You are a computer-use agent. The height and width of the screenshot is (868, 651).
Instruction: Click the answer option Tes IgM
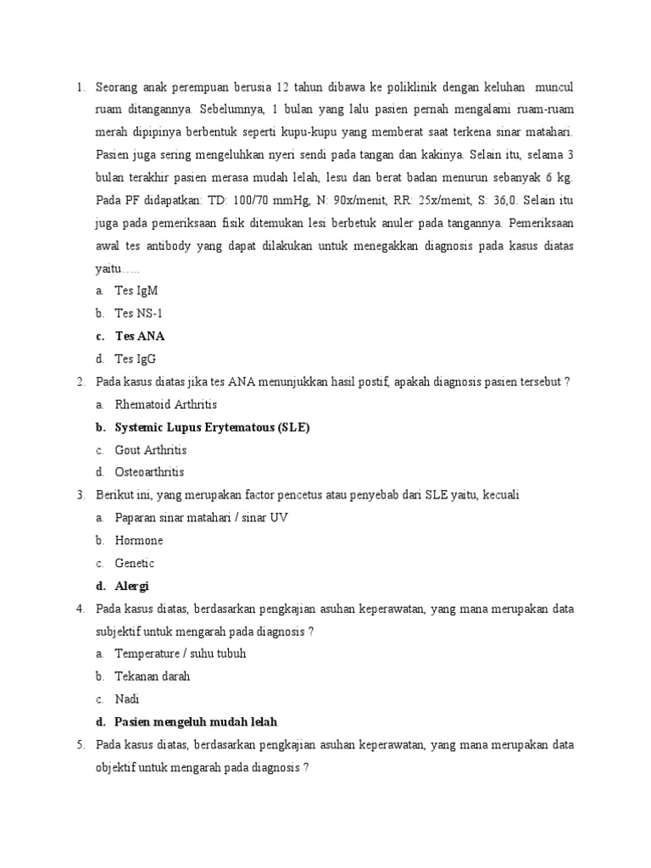[x=136, y=290]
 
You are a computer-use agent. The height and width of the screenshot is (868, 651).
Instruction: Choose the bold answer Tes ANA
[x=140, y=336]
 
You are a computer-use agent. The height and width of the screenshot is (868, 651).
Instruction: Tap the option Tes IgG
[x=136, y=359]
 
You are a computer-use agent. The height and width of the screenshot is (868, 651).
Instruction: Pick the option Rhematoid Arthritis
[x=166, y=404]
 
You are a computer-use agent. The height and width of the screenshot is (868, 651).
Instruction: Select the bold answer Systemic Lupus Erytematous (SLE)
[x=212, y=427]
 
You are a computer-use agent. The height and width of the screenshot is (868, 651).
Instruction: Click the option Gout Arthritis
[x=151, y=450]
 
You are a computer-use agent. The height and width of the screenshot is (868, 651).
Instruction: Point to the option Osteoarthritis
[x=149, y=472]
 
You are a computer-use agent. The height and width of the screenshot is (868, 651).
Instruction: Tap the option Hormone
[x=139, y=541]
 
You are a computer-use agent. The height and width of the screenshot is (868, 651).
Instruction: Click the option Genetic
[x=135, y=564]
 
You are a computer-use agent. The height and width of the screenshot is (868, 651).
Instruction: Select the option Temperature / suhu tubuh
[x=181, y=654]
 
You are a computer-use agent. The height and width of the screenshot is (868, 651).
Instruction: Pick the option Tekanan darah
[x=153, y=676]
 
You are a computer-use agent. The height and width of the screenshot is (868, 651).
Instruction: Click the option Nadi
[x=127, y=699]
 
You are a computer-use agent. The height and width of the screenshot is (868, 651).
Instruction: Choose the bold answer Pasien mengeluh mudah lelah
[x=196, y=722]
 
